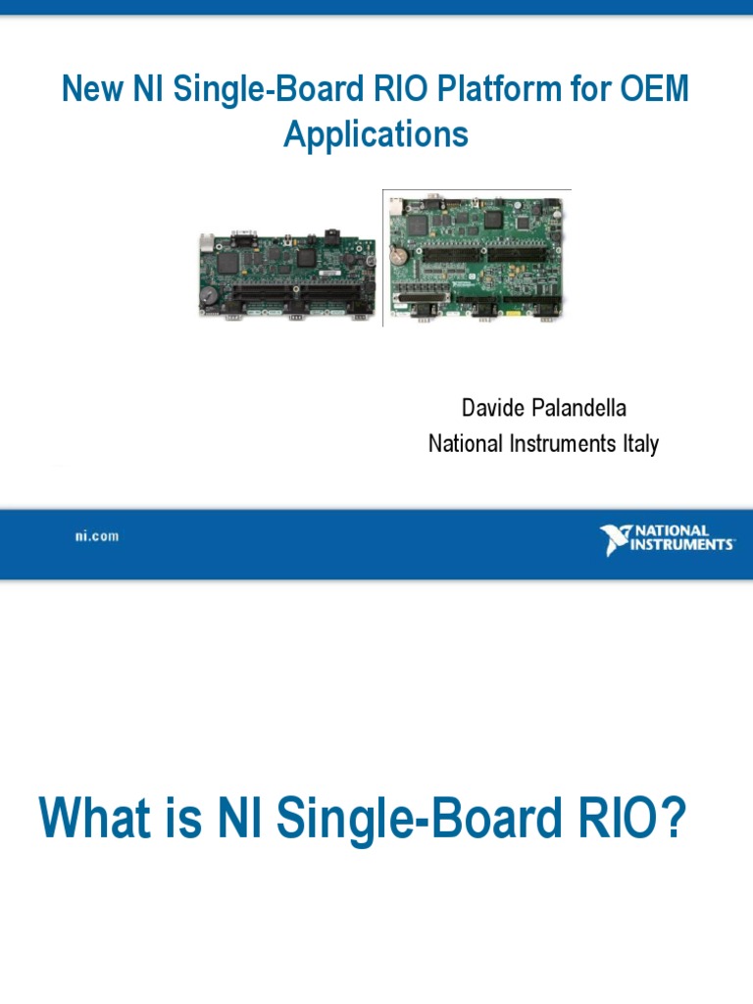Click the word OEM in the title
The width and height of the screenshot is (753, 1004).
click(x=656, y=90)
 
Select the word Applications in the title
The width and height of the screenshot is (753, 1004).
click(x=376, y=133)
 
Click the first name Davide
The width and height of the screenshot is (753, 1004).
click(x=488, y=407)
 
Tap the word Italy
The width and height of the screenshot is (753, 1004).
click(x=637, y=443)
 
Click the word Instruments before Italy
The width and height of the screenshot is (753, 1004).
click(x=557, y=443)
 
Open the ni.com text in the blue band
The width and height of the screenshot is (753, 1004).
click(x=96, y=536)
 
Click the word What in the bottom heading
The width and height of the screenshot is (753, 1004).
click(x=91, y=820)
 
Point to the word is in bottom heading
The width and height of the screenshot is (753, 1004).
click(x=182, y=820)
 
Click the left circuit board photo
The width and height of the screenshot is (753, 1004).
click(x=286, y=276)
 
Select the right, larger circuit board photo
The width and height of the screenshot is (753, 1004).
click(x=476, y=258)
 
